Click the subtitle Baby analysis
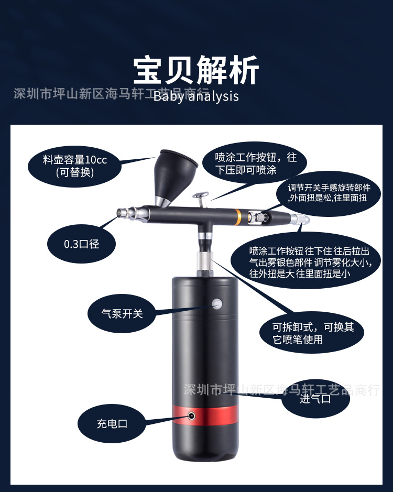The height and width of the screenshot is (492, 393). click(x=196, y=96)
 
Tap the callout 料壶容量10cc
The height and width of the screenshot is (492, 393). click(x=75, y=166)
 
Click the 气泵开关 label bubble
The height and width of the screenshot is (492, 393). click(x=122, y=314)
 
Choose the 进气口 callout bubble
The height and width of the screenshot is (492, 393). click(x=315, y=399)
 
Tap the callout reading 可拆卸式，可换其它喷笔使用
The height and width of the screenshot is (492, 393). click(x=313, y=333)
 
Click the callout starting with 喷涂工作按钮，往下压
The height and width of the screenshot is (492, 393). click(x=256, y=163)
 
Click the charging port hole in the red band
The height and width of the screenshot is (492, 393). click(x=192, y=416)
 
